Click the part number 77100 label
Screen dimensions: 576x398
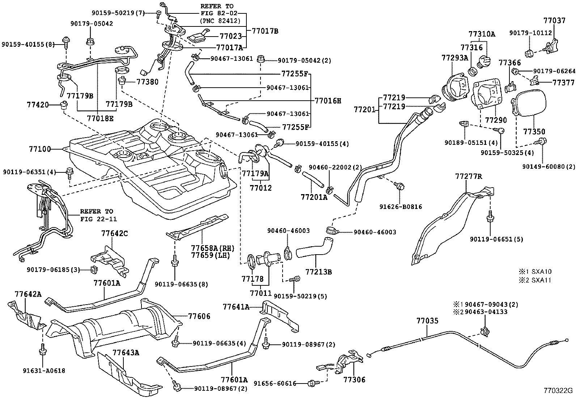(40, 149)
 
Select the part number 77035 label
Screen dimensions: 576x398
(427, 321)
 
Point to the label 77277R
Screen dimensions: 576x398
(469, 176)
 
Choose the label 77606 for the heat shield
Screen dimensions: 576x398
(199, 316)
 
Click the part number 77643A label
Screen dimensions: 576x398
(126, 352)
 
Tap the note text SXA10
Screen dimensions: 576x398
(542, 271)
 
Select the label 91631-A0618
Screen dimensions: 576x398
(44, 371)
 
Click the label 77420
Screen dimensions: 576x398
(38, 105)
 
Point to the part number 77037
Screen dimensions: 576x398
(554, 21)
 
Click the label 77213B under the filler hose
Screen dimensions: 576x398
(319, 272)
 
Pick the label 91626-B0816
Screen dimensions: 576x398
(401, 207)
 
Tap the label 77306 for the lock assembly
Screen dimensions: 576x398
(354, 380)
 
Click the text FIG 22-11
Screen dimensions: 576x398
(98, 219)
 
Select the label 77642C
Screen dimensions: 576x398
(114, 234)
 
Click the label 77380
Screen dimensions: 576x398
(147, 82)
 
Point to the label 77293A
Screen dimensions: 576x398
(455, 58)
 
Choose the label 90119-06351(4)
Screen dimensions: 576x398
(29, 172)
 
